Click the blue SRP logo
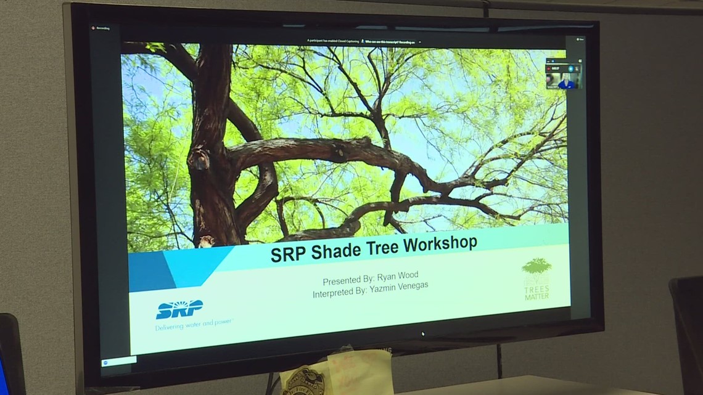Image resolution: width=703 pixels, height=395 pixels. (179, 309)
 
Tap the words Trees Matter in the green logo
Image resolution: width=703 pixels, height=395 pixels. (536, 292)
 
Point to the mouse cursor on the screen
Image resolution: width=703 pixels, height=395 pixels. (422, 334)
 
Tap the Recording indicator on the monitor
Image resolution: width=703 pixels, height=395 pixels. (101, 28)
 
